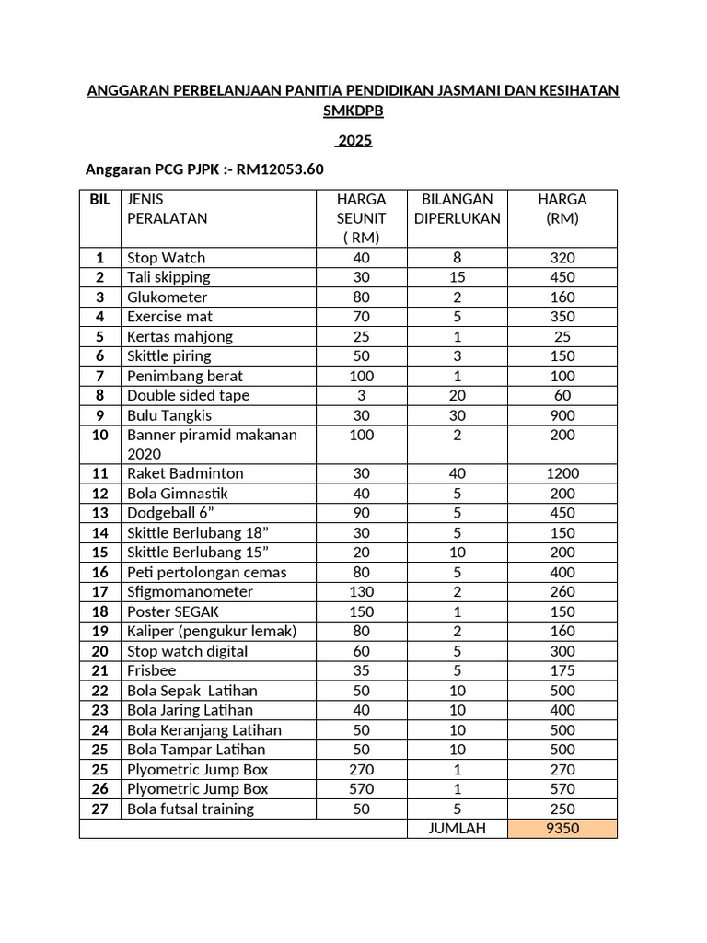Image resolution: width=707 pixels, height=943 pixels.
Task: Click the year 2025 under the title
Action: click(353, 141)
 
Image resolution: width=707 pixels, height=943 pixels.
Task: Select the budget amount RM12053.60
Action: click(280, 169)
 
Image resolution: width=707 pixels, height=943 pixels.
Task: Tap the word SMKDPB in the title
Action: click(353, 111)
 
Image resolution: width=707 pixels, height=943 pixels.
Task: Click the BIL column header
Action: click(99, 199)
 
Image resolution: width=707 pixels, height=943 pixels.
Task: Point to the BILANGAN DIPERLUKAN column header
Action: click(458, 209)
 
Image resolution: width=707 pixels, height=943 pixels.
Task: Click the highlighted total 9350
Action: click(562, 829)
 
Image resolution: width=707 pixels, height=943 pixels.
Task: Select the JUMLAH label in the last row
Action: click(458, 829)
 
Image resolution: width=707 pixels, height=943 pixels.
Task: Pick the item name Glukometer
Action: click(168, 297)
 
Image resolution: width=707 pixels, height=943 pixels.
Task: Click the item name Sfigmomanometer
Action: click(190, 592)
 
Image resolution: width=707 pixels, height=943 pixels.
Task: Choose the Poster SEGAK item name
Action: click(173, 611)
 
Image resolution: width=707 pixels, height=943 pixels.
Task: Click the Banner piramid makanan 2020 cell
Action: click(212, 444)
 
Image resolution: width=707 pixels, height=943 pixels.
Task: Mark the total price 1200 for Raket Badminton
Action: click(562, 473)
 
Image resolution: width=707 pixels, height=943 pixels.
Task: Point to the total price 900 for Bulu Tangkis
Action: click(562, 415)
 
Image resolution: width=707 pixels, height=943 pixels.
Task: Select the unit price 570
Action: click(362, 789)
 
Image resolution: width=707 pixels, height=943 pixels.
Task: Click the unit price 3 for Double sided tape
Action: click(362, 395)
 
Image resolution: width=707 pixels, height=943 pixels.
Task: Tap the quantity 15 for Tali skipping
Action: click(458, 277)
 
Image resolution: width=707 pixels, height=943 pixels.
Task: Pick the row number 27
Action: click(99, 809)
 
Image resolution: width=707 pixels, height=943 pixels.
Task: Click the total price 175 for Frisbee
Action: click(562, 670)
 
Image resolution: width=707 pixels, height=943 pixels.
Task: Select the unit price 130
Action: click(362, 592)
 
